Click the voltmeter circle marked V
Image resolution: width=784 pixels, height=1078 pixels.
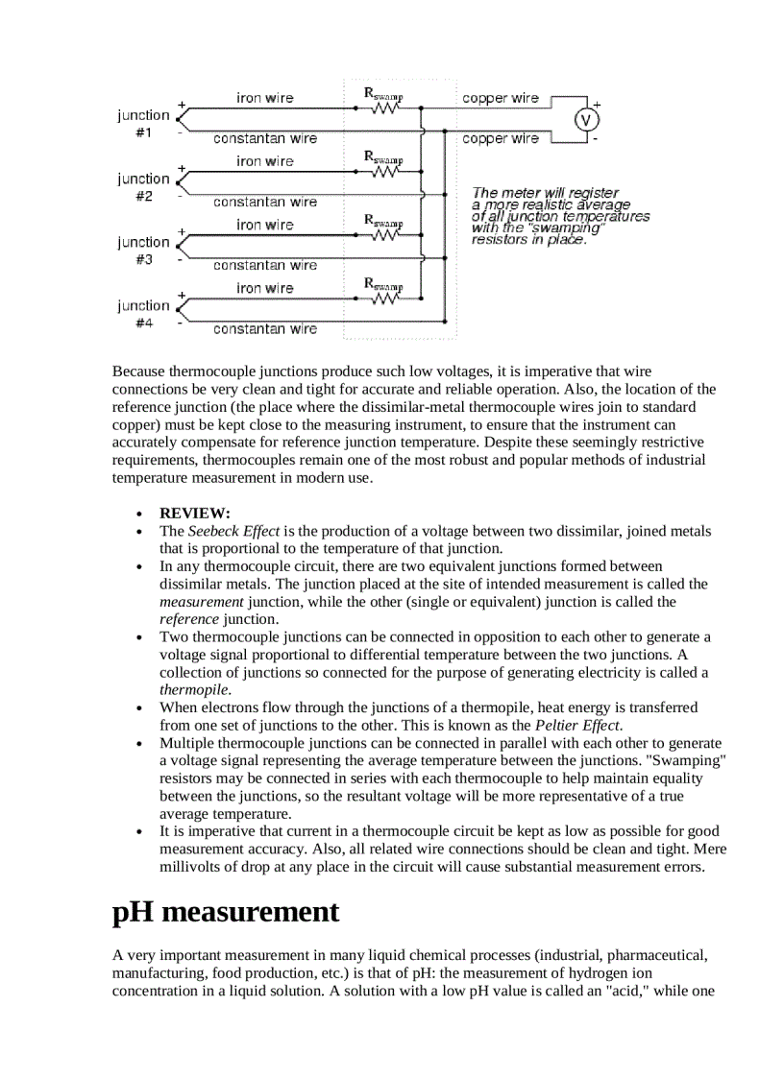pos(586,119)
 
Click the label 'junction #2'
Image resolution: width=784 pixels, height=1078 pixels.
pos(143,187)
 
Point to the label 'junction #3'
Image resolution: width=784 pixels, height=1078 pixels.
pos(143,251)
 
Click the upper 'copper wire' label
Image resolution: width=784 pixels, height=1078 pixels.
pos(501,98)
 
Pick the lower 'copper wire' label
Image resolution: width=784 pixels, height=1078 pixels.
pos(501,138)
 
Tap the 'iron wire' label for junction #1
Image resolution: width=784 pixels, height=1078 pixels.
pos(265,98)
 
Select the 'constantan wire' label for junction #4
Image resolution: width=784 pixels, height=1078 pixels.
pos(265,329)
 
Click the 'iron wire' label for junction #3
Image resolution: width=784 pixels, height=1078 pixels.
pos(265,225)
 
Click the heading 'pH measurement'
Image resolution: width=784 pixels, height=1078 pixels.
pos(226,912)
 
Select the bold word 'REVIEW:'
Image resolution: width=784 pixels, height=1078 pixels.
pos(195,514)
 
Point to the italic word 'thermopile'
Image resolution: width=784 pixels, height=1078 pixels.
pos(193,689)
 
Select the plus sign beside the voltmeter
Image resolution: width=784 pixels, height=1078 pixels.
pos(596,103)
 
